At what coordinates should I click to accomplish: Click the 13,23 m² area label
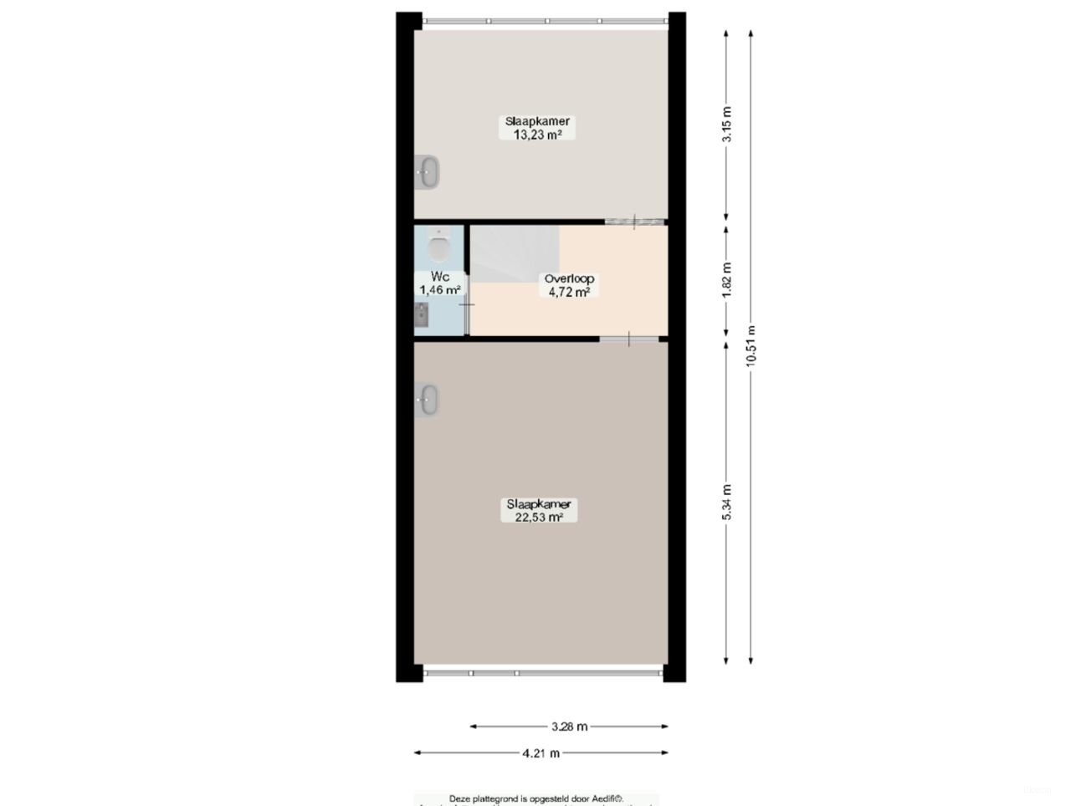(536, 134)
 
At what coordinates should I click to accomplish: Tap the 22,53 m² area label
(538, 518)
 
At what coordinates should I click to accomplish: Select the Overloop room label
(569, 279)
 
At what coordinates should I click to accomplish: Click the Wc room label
(440, 277)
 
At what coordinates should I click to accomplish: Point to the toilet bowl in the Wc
(438, 247)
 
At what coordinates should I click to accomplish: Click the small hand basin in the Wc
(422, 314)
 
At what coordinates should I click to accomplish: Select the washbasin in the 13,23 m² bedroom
(428, 173)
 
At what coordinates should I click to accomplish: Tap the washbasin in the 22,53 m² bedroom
(428, 400)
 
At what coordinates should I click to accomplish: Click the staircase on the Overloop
(515, 254)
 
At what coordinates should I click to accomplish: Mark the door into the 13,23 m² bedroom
(635, 222)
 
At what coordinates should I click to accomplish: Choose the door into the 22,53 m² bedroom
(629, 339)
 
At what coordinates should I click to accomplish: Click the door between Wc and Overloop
(467, 304)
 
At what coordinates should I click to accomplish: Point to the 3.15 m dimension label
(727, 124)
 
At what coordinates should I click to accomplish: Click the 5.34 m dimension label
(727, 502)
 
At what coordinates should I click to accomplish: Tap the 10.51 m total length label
(751, 344)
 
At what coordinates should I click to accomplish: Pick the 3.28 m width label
(569, 727)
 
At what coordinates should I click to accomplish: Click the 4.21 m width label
(541, 753)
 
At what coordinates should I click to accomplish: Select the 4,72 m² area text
(569, 293)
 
